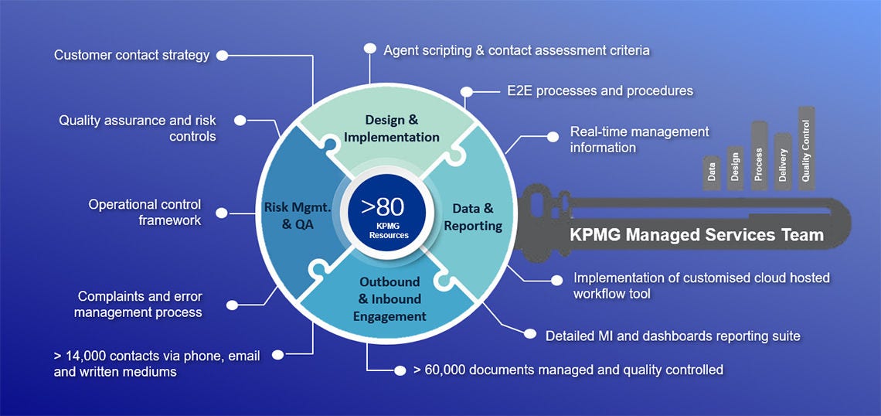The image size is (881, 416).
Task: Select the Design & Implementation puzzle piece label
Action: coord(392,128)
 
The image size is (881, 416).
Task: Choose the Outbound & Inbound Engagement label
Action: coord(389,299)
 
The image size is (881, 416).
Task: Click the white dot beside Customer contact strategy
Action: coord(223,56)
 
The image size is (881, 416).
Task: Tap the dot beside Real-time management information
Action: coord(553,136)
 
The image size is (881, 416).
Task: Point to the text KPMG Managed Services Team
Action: coord(696,235)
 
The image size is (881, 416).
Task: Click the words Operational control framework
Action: coord(145,213)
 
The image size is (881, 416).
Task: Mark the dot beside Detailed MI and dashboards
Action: coord(529,334)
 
